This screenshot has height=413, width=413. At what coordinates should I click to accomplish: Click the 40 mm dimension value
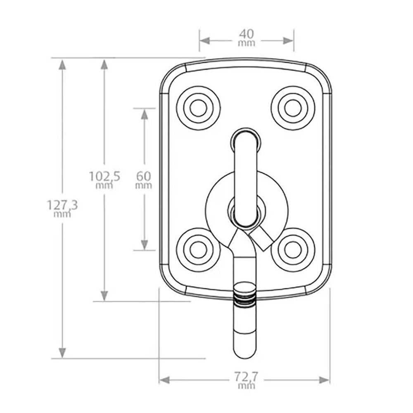[247, 38]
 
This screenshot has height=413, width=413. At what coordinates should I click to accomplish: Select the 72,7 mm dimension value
[246, 381]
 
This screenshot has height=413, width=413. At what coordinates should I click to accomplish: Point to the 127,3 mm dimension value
[62, 209]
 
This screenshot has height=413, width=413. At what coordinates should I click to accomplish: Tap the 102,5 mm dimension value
[104, 180]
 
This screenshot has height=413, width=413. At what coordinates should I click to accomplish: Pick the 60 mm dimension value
[144, 180]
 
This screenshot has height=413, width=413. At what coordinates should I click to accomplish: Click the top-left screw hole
[198, 108]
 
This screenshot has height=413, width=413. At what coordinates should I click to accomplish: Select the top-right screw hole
[293, 108]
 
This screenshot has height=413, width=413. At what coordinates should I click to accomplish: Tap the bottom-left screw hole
[198, 250]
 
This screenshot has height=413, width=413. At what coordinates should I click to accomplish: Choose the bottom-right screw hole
[293, 250]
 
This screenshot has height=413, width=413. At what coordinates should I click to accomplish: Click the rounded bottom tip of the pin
[245, 358]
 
